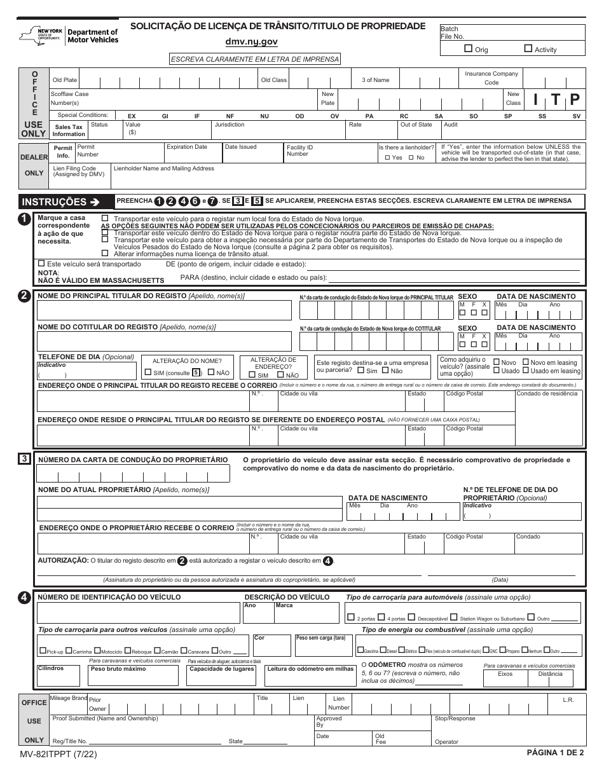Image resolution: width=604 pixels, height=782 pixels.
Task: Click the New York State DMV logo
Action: [x=69, y=36]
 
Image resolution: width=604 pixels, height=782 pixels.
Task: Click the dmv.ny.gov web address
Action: [x=251, y=42]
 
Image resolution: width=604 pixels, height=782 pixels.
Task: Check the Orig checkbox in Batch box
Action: [x=469, y=48]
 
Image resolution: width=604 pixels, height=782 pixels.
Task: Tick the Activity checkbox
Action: [x=528, y=48]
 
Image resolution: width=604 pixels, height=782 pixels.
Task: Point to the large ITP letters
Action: [x=556, y=99]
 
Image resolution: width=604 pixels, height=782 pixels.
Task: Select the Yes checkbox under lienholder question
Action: [x=387, y=158]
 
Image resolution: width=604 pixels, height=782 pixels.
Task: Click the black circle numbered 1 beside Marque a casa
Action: [x=24, y=219]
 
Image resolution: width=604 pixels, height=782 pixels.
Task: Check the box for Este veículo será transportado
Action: [x=41, y=263]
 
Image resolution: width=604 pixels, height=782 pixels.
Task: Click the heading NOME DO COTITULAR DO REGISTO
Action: [x=97, y=327]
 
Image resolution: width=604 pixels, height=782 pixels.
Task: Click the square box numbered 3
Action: [x=24, y=458]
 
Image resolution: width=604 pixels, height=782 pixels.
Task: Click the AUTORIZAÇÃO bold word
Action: [x=63, y=561]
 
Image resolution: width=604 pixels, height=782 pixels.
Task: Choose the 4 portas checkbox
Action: [x=381, y=617]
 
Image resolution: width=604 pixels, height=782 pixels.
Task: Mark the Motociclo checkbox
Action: [x=98, y=651]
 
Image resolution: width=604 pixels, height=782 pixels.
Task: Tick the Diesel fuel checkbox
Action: [x=383, y=651]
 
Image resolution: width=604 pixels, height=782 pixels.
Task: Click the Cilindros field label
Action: [x=51, y=668]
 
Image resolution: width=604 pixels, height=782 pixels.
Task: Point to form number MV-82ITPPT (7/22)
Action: [x=59, y=755]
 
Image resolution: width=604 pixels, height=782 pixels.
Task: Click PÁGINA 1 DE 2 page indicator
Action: [x=555, y=752]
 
